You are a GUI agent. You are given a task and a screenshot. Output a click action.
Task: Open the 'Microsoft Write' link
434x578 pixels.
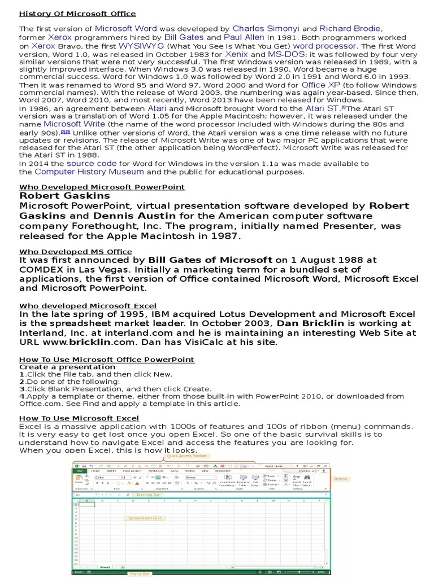pos(74,124)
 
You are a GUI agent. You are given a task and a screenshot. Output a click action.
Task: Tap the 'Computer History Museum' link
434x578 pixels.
pos(89,172)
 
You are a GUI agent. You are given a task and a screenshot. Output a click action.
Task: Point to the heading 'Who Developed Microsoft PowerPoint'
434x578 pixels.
pos(102,187)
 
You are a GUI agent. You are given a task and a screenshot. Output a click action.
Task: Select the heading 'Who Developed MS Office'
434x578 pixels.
pos(76,252)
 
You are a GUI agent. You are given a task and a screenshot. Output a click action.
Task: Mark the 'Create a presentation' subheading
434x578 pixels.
pos(60,367)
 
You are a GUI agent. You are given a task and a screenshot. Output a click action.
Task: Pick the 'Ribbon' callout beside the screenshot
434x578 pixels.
pos(341,479)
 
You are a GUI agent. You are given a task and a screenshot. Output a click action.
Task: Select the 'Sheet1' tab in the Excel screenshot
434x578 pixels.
pos(105,566)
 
